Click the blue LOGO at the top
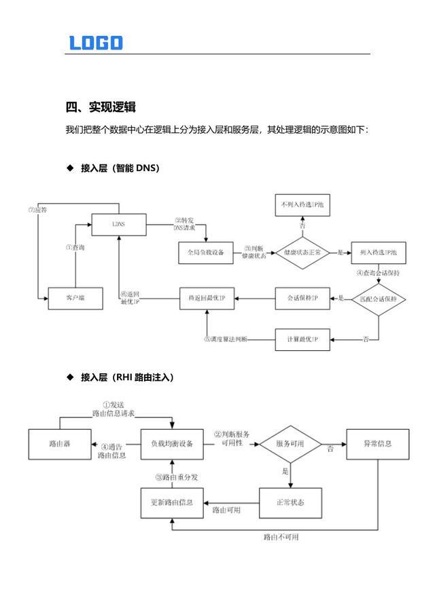point(96,43)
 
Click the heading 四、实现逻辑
point(101,107)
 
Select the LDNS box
point(119,224)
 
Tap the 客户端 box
point(75,298)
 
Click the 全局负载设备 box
point(205,252)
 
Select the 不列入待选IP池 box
point(302,204)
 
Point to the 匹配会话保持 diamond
point(378,299)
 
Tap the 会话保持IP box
point(302,298)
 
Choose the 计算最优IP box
point(302,339)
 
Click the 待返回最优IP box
point(205,298)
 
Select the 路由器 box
point(60,444)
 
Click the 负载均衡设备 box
point(172,444)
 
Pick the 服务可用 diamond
point(290,444)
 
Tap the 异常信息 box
point(377,444)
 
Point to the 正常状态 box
point(290,503)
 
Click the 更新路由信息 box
point(172,503)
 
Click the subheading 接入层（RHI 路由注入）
point(126,377)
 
